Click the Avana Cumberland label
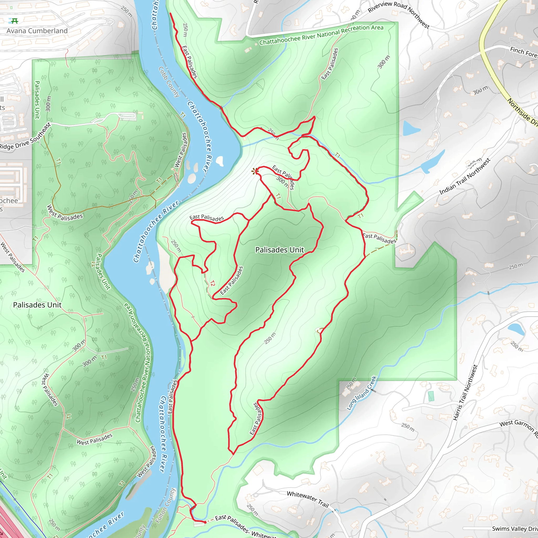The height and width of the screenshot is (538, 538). click(37, 31)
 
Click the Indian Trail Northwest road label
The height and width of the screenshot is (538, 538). click(464, 177)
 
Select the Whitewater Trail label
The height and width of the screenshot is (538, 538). click(308, 499)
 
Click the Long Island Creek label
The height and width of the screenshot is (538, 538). click(361, 393)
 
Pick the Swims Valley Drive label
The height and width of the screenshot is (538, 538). click(515, 529)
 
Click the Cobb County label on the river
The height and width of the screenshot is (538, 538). click(169, 82)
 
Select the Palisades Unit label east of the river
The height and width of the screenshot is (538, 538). click(280, 250)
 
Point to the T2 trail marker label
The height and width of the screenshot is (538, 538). click(213, 283)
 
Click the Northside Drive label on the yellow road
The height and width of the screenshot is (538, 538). click(522, 112)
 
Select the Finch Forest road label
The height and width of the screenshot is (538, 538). click(524, 52)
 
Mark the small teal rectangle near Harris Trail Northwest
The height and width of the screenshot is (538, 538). click(431, 396)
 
